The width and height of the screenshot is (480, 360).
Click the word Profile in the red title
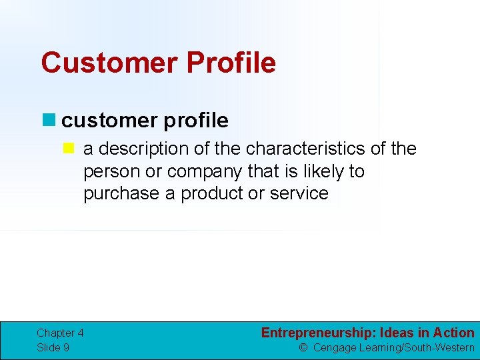(x=231, y=63)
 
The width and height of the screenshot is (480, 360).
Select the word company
(x=205, y=171)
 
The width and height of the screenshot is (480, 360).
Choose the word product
(x=213, y=194)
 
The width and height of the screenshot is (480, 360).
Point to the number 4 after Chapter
(x=80, y=333)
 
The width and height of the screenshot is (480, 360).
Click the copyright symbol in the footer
(x=303, y=347)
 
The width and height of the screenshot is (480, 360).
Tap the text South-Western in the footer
(x=439, y=347)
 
